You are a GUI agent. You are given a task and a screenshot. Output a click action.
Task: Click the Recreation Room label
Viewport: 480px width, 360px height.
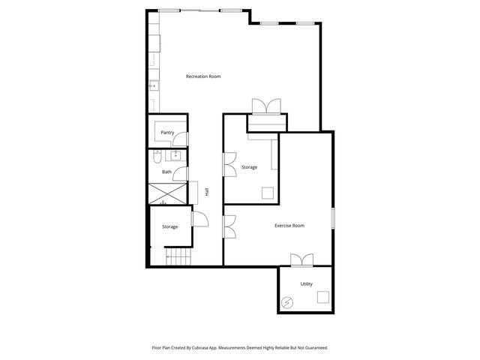[x=203, y=76]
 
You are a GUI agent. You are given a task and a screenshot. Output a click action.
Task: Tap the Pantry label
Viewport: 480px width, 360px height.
[x=167, y=133]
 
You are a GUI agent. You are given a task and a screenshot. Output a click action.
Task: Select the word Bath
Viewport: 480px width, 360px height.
[x=166, y=172]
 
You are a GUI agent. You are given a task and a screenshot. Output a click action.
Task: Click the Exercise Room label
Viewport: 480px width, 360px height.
[x=289, y=225]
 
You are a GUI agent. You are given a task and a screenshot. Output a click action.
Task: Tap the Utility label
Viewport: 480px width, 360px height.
[x=306, y=283]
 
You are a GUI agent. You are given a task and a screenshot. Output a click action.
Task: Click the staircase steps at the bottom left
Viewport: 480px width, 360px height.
[x=178, y=259]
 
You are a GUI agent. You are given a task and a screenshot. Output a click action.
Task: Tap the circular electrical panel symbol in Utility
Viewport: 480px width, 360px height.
[x=288, y=301]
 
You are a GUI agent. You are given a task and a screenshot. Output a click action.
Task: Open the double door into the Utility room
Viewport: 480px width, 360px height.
[x=301, y=260]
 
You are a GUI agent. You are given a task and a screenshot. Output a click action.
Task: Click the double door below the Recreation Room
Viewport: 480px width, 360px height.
[x=266, y=106]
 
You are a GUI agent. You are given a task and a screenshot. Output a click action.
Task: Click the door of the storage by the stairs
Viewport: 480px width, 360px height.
[x=200, y=219]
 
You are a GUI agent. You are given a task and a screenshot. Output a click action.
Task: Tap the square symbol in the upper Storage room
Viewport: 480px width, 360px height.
[x=267, y=193]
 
